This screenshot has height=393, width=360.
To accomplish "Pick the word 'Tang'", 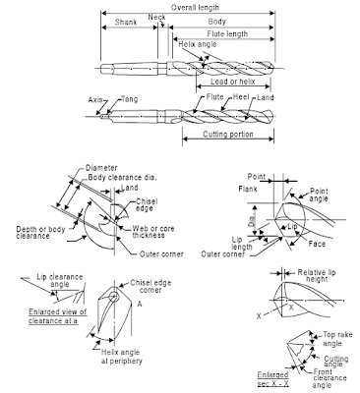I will [129, 98].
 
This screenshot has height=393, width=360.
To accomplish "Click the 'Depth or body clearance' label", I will [38, 232].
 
